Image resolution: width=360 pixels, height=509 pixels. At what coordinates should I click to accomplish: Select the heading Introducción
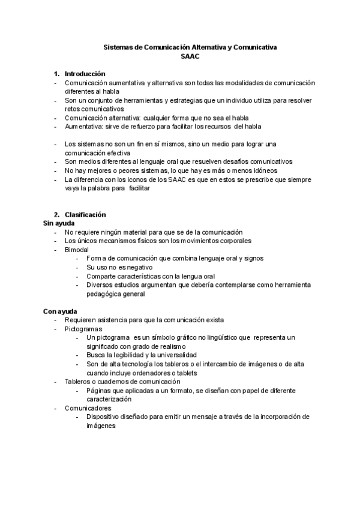point(85,74)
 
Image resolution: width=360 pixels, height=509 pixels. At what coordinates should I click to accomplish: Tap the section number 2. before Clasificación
point(57,215)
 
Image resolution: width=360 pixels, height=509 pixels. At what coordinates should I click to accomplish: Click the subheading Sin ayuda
point(59,223)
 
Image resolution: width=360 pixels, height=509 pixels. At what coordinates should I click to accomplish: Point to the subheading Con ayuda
point(60,311)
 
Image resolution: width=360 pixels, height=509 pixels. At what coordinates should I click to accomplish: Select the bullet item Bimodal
point(77,249)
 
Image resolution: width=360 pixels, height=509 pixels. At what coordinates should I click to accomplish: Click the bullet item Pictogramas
point(83,329)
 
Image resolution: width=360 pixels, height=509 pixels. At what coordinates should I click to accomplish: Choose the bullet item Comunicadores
point(87,408)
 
